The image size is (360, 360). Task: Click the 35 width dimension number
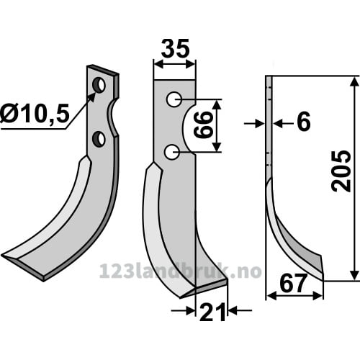(x=175, y=49)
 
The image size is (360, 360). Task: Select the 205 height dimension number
(x=341, y=171)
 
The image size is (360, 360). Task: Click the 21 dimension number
(x=212, y=312)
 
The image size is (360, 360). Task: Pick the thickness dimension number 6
(x=304, y=122)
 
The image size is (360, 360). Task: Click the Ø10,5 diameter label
(x=35, y=114)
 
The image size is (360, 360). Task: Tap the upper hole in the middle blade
(x=174, y=99)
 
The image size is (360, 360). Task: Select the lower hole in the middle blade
(x=172, y=152)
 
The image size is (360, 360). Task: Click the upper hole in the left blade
(x=99, y=85)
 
